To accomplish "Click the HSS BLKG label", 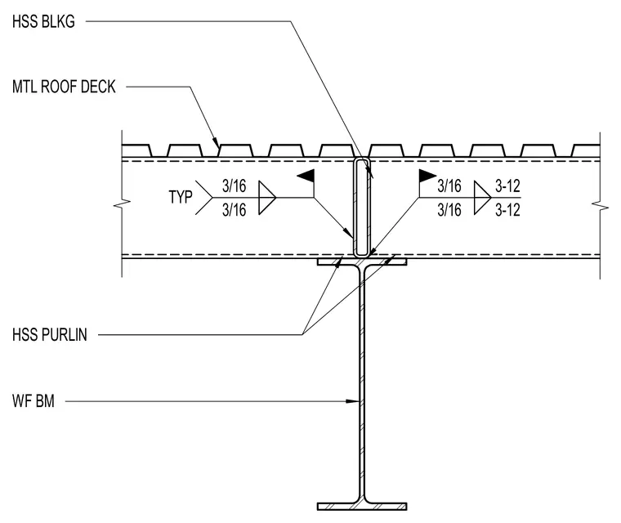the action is pos(43,22).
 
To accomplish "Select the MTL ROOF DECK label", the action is pos(64,87).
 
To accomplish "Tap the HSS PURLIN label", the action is pos(50,335).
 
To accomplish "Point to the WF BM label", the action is pos(34,401).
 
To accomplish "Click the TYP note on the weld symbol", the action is pos(181,197).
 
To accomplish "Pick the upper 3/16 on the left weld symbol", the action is pos(234,186).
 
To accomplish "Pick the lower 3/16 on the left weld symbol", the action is pos(234,209).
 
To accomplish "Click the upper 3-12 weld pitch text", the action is pos(507,186).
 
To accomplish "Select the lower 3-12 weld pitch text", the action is pos(507,209).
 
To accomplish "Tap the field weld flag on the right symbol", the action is pos(427,177).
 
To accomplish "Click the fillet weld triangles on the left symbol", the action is pos(266,197).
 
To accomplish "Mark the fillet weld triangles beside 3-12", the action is pos(482,197).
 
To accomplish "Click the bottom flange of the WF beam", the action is pos(362,507).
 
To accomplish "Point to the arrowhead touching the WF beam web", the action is pos(352,401).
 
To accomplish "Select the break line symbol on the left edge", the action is pos(122,204).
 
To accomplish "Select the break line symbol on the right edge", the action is pos(600,205).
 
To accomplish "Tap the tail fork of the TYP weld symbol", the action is pos(204,197).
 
